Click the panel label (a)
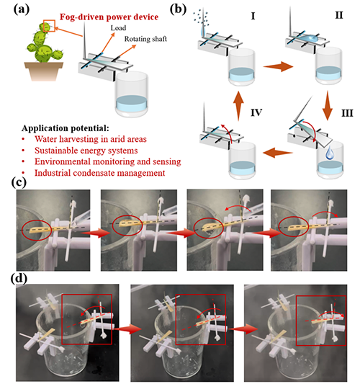click(x=22, y=9)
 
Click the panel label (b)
click(x=178, y=9)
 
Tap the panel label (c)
click(x=19, y=182)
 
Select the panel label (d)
click(x=19, y=279)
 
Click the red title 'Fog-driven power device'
click(x=109, y=17)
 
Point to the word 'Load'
click(x=118, y=28)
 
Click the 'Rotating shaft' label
click(x=145, y=39)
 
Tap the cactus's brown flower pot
click(x=44, y=71)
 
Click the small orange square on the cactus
click(x=49, y=26)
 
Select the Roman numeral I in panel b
click(x=253, y=16)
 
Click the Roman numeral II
click(x=339, y=15)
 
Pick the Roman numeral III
click(x=347, y=113)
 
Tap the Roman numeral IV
click(x=256, y=112)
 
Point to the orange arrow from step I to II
click(x=278, y=66)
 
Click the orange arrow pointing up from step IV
click(x=238, y=106)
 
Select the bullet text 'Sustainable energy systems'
click(x=86, y=151)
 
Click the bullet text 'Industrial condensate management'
click(x=99, y=173)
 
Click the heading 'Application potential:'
click(x=66, y=128)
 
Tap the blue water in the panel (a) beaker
click(x=132, y=103)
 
